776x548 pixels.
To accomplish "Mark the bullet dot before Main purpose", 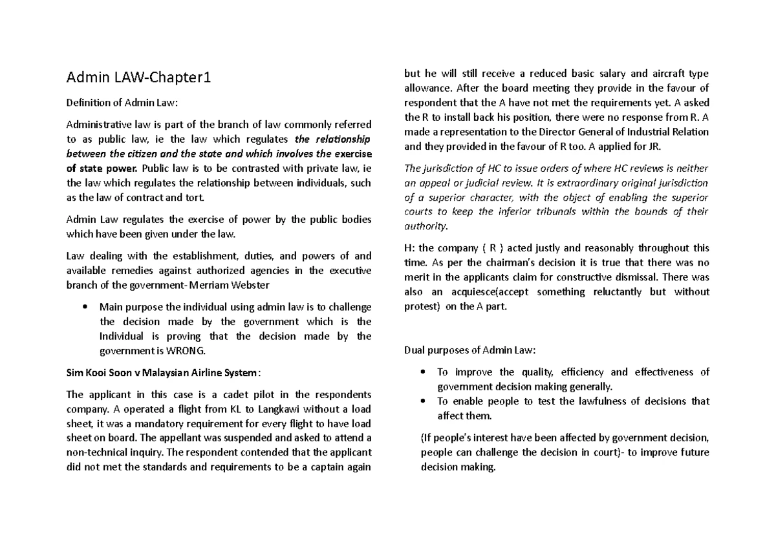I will point(85,306).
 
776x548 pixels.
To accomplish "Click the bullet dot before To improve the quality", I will point(423,372).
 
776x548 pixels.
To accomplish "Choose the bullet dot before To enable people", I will point(423,401).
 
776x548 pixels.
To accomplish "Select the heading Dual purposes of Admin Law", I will point(469,351).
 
